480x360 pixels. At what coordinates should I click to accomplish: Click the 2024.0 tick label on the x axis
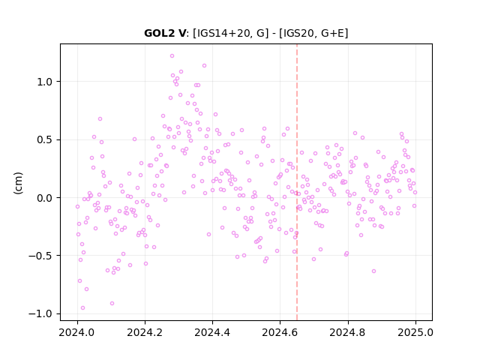point(77,333)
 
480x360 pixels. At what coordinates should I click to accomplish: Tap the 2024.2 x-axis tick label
point(145,333)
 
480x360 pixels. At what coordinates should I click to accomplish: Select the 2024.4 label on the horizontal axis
point(212,333)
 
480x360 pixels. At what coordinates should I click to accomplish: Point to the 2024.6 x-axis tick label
point(280,333)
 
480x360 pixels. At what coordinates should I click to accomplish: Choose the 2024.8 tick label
point(348,333)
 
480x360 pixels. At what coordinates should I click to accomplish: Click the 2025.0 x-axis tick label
point(415,333)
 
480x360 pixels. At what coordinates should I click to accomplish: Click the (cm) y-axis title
point(18,183)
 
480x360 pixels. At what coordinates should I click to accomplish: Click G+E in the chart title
point(332,33)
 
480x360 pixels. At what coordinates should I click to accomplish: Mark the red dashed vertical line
point(297,182)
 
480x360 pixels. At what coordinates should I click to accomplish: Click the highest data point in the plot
point(172,56)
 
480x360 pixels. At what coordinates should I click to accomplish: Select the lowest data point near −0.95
point(82,308)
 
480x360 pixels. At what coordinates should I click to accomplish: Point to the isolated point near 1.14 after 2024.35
point(204,66)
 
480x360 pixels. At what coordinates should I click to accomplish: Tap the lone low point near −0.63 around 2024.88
point(373,271)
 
